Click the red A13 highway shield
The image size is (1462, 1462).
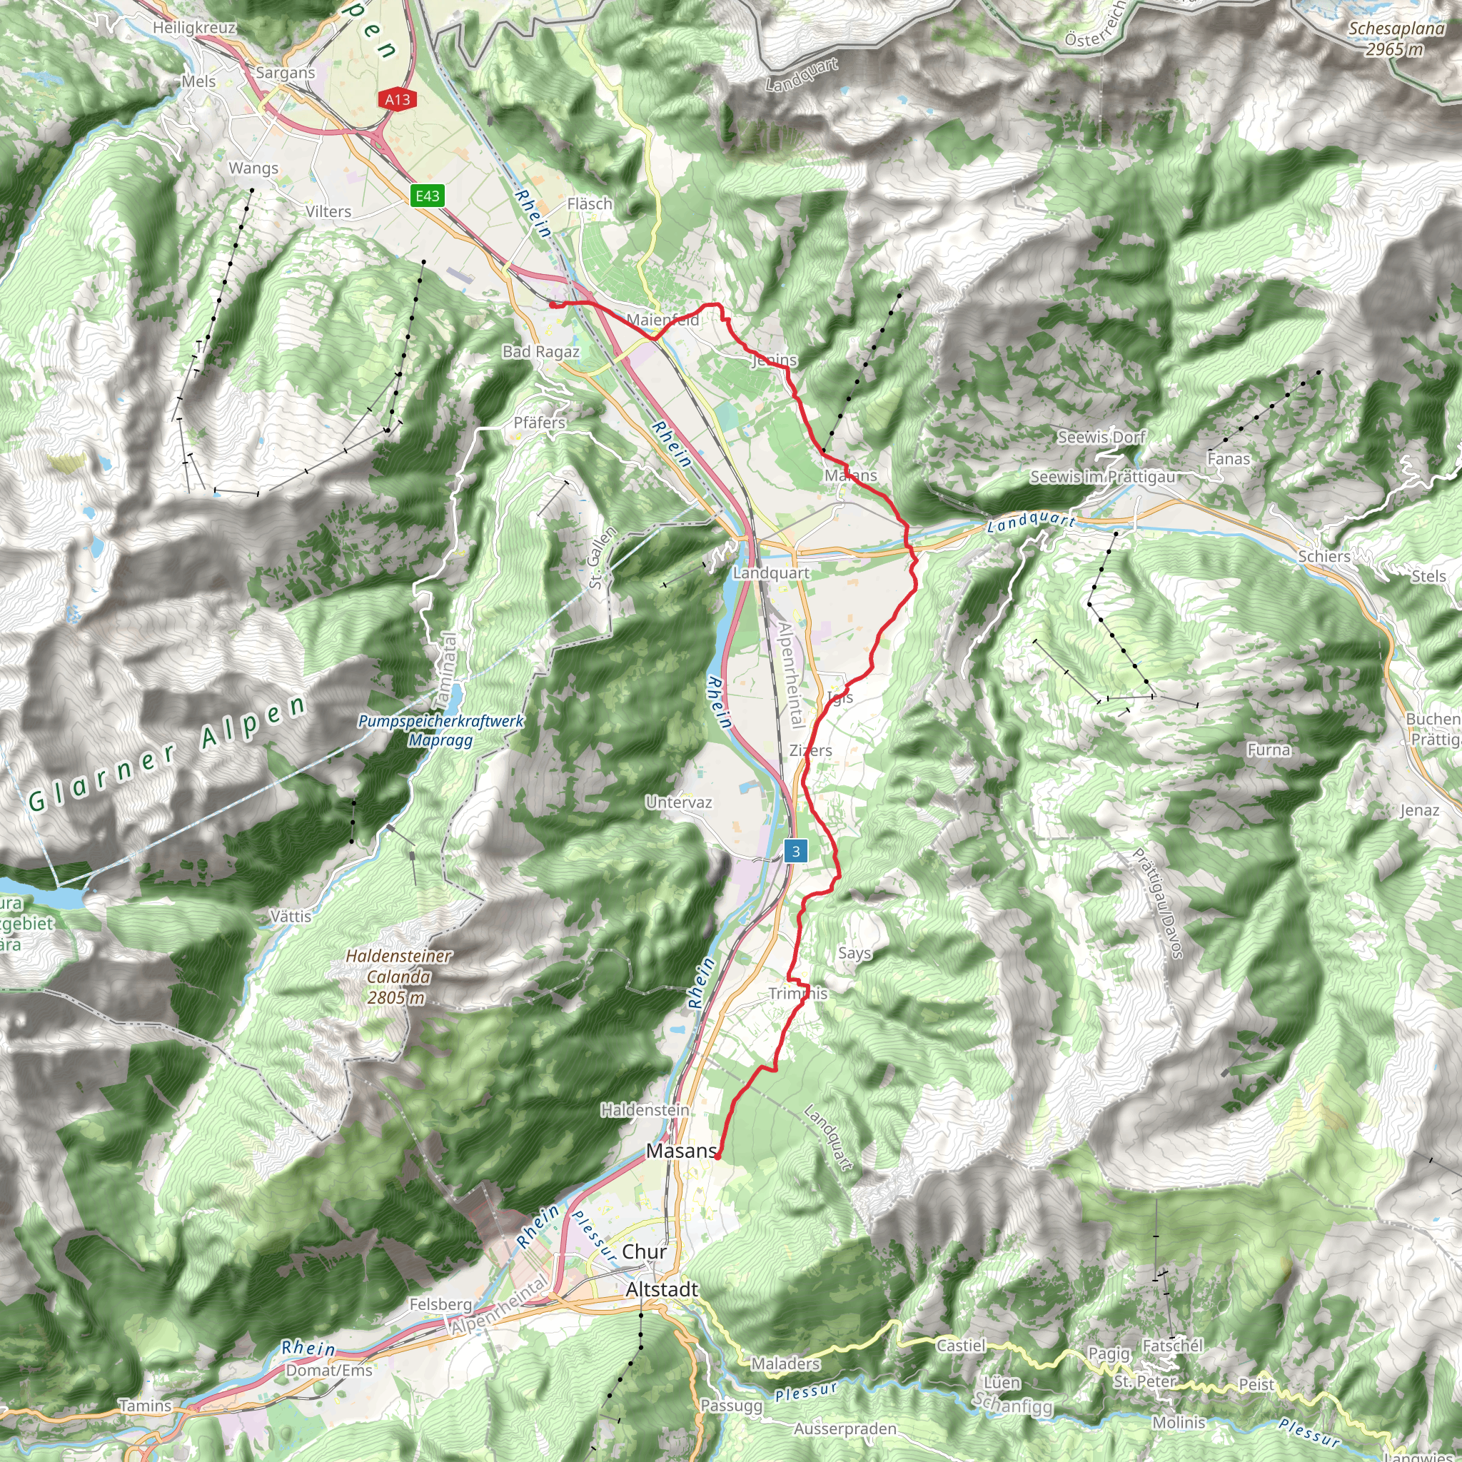(398, 99)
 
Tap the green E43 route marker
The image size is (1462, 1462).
(427, 196)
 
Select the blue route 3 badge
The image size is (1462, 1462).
(795, 852)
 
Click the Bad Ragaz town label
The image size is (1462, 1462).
(540, 352)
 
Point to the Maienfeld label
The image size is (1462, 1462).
(663, 320)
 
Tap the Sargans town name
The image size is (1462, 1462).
(286, 73)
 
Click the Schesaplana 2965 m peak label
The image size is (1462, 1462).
(1397, 39)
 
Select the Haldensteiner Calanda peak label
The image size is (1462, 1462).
(399, 977)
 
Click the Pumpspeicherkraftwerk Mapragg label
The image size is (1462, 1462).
(441, 730)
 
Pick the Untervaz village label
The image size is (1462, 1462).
(679, 802)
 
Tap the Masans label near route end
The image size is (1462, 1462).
(681, 1151)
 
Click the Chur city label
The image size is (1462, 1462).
(644, 1251)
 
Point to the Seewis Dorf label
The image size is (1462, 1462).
(1101, 437)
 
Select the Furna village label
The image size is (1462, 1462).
(1269, 750)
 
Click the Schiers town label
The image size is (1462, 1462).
(1324, 556)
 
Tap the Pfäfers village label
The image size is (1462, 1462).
(540, 423)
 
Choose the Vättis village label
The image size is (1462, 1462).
(291, 917)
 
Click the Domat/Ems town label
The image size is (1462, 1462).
(329, 1371)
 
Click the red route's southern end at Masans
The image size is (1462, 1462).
(717, 1157)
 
